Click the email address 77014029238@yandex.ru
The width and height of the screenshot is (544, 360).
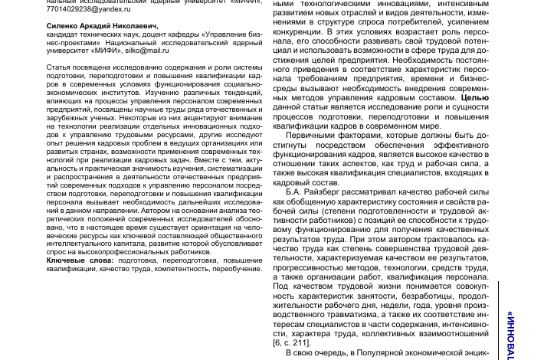[89, 9]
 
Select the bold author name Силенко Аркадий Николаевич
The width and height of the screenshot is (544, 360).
[102, 26]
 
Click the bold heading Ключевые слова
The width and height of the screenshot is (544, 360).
[80, 260]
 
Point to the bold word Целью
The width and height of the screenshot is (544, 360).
[475, 98]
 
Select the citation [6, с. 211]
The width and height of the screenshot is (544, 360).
[292, 342]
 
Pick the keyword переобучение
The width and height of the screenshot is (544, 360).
[238, 269]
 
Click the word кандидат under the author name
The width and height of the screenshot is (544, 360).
[61, 34]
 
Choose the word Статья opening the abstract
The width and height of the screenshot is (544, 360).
[58, 67]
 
